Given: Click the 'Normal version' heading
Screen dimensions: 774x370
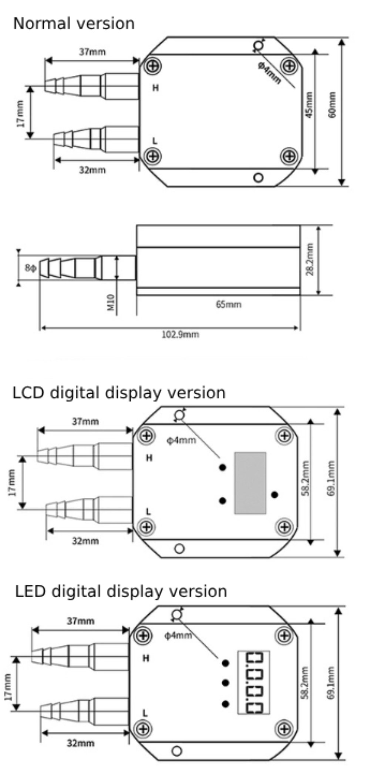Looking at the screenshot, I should pos(74,24).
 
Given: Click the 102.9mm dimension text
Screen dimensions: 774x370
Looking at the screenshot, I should pos(180,334).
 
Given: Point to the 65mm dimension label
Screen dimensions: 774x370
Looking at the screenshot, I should pos(228,304).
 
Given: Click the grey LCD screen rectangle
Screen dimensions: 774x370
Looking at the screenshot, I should pos(250,483).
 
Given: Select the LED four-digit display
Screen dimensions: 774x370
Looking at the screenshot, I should pos(253,683).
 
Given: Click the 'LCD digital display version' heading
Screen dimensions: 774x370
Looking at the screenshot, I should pos(119,393).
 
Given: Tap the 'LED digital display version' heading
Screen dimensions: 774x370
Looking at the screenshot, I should pos(121,591).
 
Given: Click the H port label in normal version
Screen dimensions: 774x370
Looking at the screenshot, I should pos(156,88).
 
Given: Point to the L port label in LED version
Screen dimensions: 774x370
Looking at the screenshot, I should pos(145,713).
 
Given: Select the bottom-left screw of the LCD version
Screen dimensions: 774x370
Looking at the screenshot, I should pos(147,526).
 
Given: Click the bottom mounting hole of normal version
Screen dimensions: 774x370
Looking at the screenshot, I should pos(259,177).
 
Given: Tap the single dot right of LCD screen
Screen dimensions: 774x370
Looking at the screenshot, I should pos(275,494).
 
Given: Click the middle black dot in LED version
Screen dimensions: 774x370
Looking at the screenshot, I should pos(225,683).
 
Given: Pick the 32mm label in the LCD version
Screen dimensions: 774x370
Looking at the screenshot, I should pos(85,541).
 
